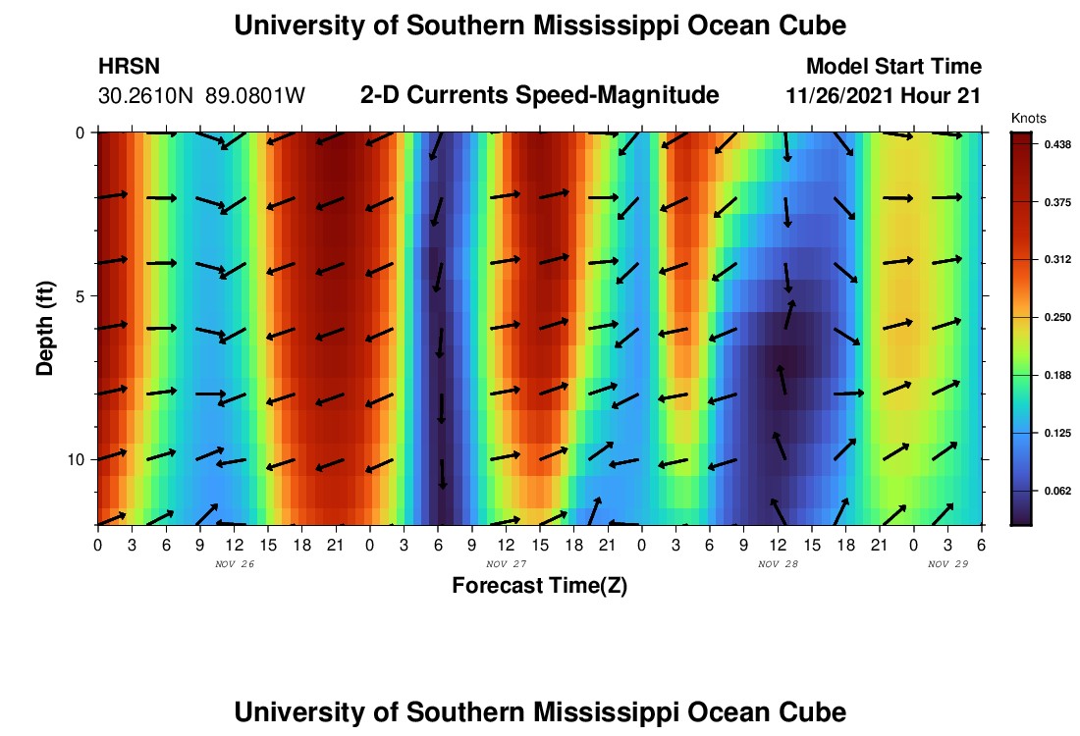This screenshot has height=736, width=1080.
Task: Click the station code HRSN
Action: tap(130, 67)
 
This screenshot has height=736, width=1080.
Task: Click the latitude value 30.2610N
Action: tap(147, 96)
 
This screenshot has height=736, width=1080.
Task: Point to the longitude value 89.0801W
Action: tap(255, 96)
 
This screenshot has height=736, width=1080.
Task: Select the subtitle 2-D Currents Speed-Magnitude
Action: tap(539, 95)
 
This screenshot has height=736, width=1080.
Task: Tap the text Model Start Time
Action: tap(892, 67)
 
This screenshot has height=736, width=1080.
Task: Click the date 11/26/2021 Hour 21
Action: tap(884, 96)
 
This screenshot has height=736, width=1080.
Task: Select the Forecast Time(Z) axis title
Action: tap(539, 586)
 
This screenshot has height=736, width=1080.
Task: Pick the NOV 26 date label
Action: tap(234, 564)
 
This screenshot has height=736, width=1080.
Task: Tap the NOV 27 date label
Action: tap(506, 564)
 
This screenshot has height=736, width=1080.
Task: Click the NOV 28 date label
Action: tap(778, 564)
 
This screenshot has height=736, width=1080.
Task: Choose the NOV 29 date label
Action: tap(947, 564)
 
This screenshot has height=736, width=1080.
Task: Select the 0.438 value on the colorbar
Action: tap(1058, 144)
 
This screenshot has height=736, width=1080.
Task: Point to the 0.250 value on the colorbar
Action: tap(1058, 317)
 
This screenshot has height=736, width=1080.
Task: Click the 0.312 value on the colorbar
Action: tap(1058, 260)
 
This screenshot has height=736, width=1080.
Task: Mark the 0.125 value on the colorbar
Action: tap(1058, 433)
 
